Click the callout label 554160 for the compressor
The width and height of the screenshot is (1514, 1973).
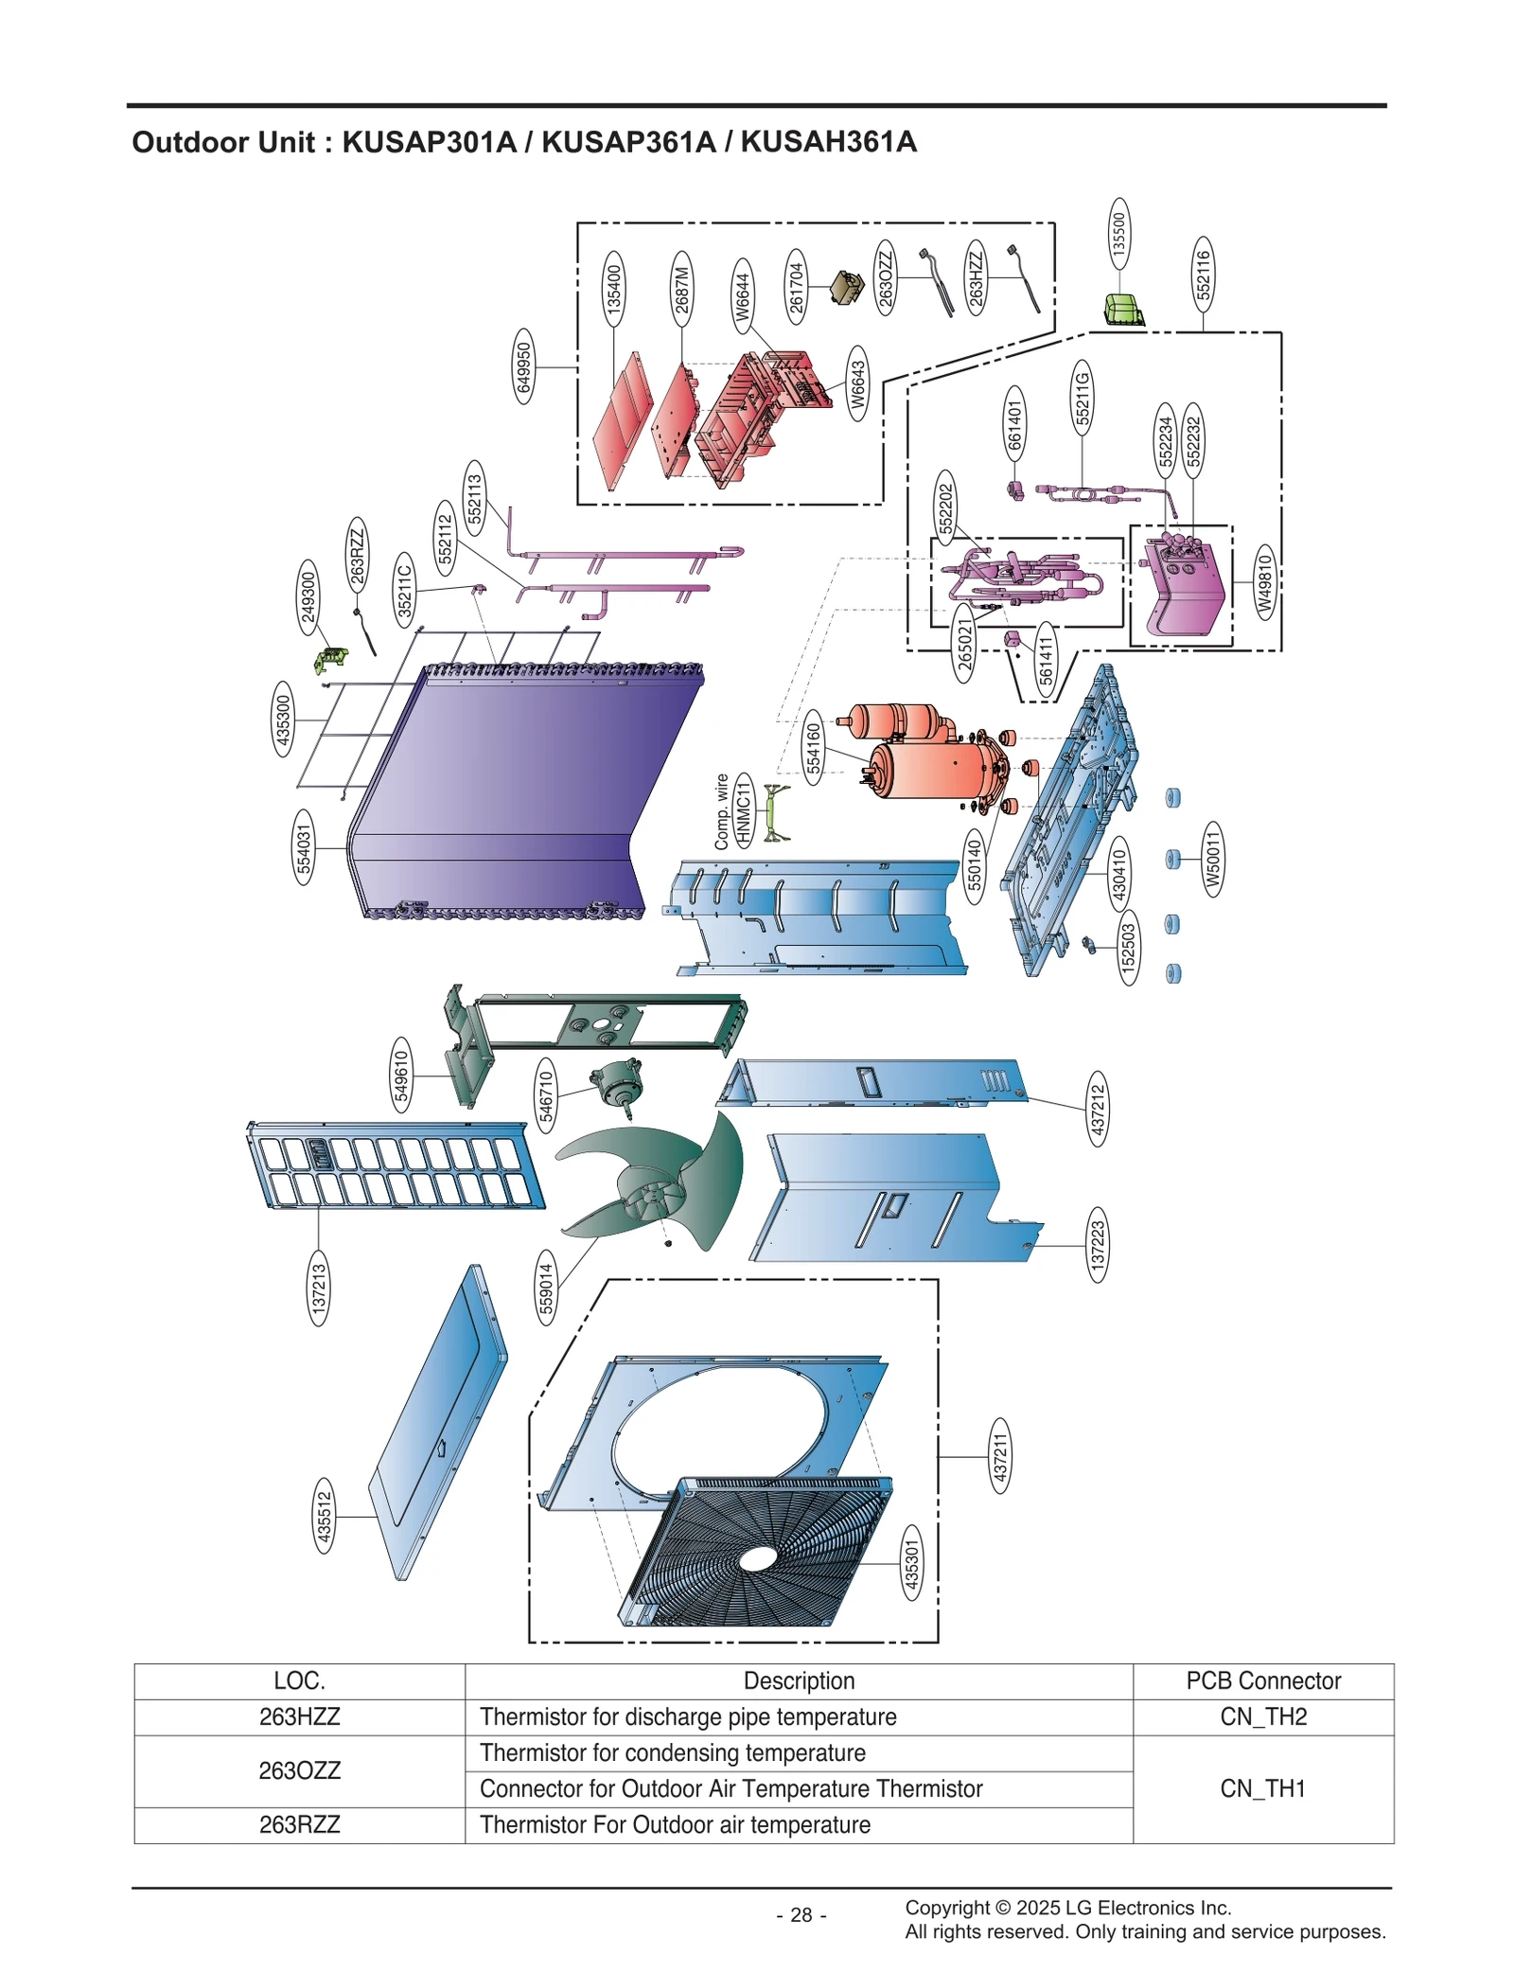pyautogui.click(x=814, y=747)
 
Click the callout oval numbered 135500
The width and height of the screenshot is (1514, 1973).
pyautogui.click(x=1118, y=234)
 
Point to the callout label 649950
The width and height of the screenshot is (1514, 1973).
pyautogui.click(x=523, y=366)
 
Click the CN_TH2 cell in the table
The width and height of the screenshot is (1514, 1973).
pyautogui.click(x=1262, y=1716)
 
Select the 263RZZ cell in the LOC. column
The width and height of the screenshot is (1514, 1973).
pyautogui.click(x=299, y=1824)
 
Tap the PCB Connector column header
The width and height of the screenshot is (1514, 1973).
pyautogui.click(x=1262, y=1680)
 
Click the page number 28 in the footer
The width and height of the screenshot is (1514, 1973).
pyautogui.click(x=801, y=1914)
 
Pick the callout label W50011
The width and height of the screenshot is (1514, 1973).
pyautogui.click(x=1212, y=859)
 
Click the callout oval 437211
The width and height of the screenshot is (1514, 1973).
pyautogui.click(x=999, y=1456)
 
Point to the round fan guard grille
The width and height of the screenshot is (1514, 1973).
pyautogui.click(x=757, y=1553)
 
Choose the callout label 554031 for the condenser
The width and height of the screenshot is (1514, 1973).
pyautogui.click(x=303, y=847)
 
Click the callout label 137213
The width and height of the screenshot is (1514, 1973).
pyautogui.click(x=319, y=1288)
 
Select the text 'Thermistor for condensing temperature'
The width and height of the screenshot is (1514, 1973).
pyautogui.click(x=672, y=1752)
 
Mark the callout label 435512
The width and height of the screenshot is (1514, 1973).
pyautogui.click(x=324, y=1516)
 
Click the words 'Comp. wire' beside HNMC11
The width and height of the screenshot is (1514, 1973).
pyautogui.click(x=722, y=811)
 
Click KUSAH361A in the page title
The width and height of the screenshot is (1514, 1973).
pyautogui.click(x=828, y=142)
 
